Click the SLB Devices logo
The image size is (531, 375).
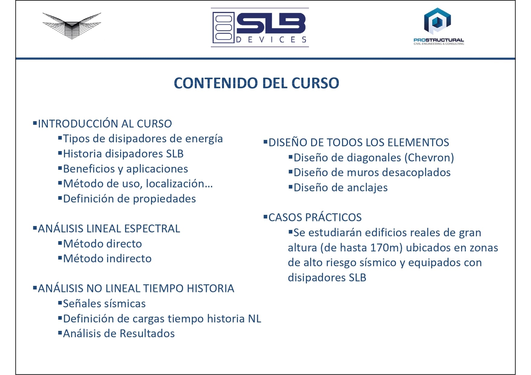[x=260, y=27]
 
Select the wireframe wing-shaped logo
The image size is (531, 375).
[x=72, y=25]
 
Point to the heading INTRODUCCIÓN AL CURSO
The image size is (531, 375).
[x=105, y=124]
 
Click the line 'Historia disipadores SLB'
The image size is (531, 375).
[x=123, y=154]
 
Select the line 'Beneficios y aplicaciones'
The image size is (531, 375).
[x=125, y=169]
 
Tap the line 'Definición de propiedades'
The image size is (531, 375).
[x=129, y=199]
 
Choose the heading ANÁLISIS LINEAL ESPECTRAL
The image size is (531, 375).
[x=109, y=229]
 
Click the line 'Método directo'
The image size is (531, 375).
[x=102, y=244]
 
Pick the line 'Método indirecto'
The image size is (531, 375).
[x=107, y=259]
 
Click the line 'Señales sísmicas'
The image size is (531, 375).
[x=104, y=304]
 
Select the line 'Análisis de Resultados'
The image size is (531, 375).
[x=119, y=334]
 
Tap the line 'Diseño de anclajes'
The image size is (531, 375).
[x=340, y=188]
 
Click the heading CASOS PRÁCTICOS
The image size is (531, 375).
[x=315, y=218]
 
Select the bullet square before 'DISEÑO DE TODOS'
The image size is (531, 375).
[x=265, y=141]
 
